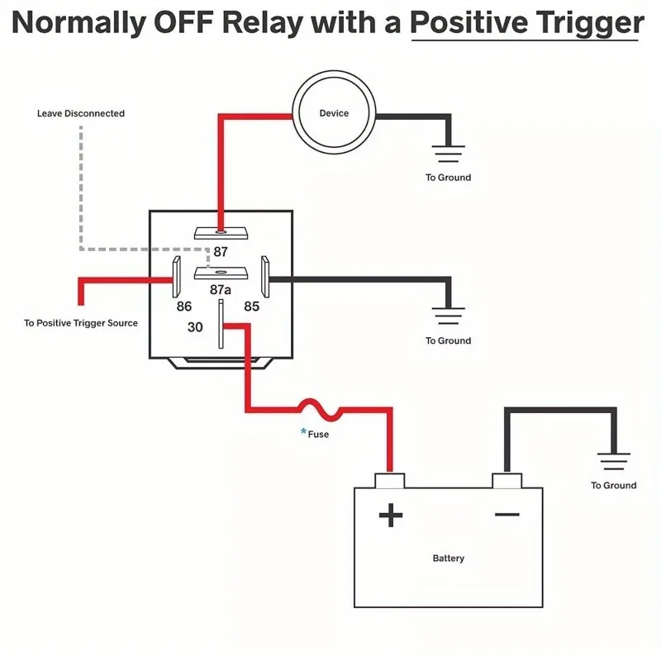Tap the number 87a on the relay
click(221, 290)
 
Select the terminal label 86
click(184, 306)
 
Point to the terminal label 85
click(252, 306)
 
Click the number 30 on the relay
click(195, 326)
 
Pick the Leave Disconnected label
click(81, 113)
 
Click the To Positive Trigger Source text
click(81, 323)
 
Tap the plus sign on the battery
click(391, 515)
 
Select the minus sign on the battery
click(507, 514)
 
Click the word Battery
click(449, 559)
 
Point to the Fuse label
click(318, 435)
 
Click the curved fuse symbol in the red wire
click(321, 410)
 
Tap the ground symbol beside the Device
click(448, 154)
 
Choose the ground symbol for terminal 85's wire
click(448, 316)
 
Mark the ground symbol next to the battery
click(614, 461)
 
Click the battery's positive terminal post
click(390, 481)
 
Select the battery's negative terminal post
click(507, 481)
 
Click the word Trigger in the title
click(586, 24)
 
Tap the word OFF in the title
click(183, 22)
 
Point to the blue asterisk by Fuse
click(303, 431)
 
